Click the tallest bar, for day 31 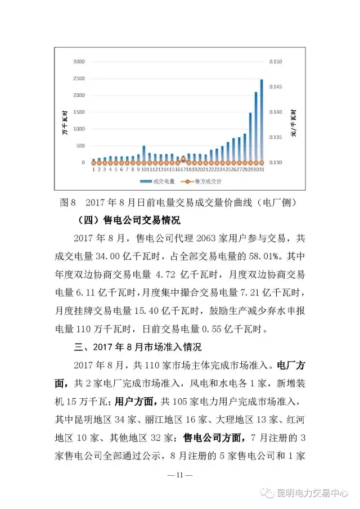262,121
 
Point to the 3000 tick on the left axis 78,61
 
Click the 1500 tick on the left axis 78,112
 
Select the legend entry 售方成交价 208,182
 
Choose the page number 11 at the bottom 180,475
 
